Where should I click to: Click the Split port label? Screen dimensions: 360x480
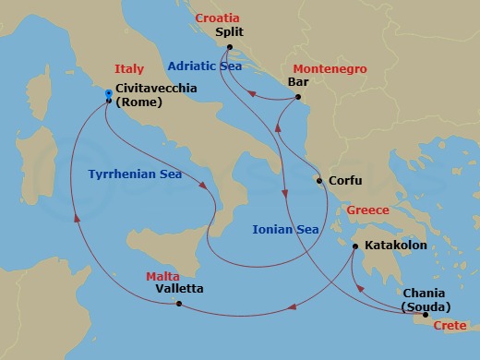click(x=228, y=31)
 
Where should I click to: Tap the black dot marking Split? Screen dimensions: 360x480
click(x=229, y=46)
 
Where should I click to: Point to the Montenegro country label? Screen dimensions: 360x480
click(x=329, y=69)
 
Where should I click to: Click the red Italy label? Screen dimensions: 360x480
click(x=129, y=69)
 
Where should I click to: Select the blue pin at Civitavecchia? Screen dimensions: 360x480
click(x=109, y=93)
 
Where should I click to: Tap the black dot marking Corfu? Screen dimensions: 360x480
click(x=319, y=181)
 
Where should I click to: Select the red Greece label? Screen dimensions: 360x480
click(x=367, y=210)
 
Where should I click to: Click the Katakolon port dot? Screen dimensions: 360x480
click(x=354, y=247)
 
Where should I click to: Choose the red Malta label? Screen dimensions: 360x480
click(x=162, y=276)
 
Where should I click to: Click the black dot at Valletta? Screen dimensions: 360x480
click(x=177, y=304)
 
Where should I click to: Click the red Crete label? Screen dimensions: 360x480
click(x=450, y=326)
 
